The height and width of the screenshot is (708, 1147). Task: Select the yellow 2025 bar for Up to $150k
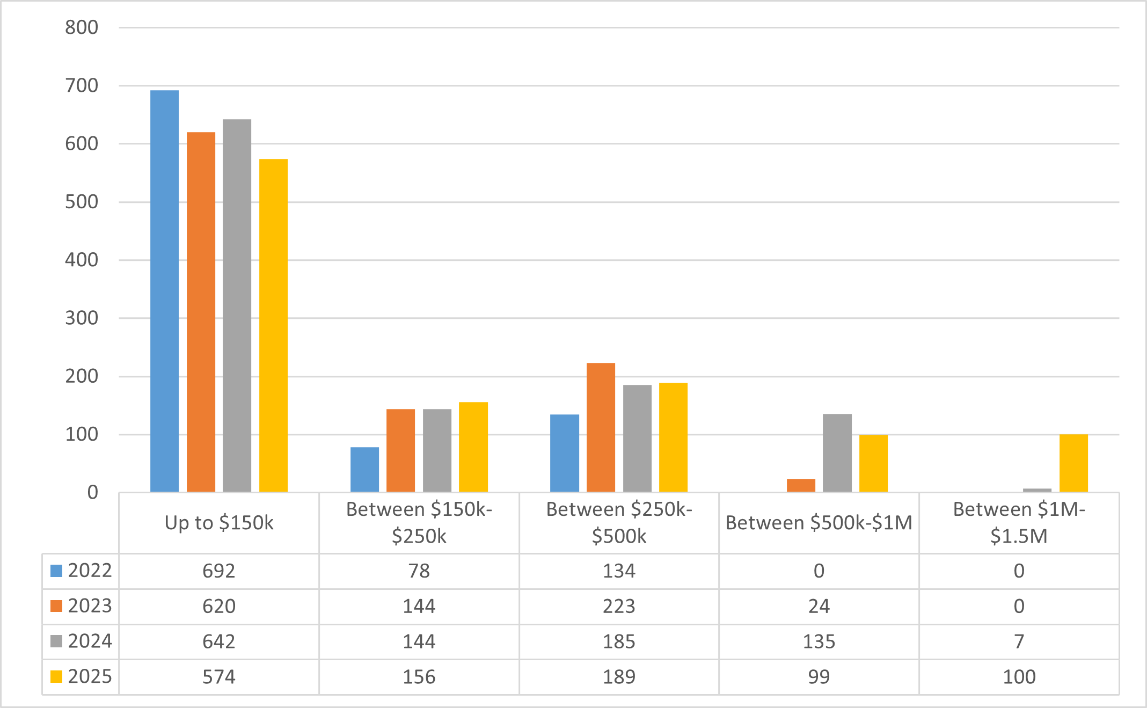pyautogui.click(x=273, y=325)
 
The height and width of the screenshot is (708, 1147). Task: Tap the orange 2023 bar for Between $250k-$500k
pyautogui.click(x=601, y=427)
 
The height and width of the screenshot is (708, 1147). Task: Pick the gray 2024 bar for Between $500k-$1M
pyautogui.click(x=837, y=453)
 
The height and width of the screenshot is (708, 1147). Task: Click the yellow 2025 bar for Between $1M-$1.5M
pyautogui.click(x=1073, y=463)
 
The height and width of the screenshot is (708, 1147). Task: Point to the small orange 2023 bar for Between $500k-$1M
pyautogui.click(x=801, y=485)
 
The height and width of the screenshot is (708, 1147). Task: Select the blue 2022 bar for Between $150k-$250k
pyautogui.click(x=364, y=469)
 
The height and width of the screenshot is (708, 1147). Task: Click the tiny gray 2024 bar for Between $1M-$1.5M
pyautogui.click(x=1037, y=490)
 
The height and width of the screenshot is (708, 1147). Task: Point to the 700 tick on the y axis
pyautogui.click(x=82, y=85)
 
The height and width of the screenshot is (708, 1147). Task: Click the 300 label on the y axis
pyautogui.click(x=82, y=318)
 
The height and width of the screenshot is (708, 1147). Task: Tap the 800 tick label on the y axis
pyautogui.click(x=82, y=27)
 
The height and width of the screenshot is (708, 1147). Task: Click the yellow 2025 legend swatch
pyautogui.click(x=56, y=676)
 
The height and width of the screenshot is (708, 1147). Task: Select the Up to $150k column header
pyautogui.click(x=219, y=523)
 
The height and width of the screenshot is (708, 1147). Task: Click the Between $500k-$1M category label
pyautogui.click(x=819, y=523)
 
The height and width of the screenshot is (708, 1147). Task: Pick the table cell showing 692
pyautogui.click(x=219, y=571)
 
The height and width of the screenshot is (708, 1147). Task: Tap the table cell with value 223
pyautogui.click(x=619, y=606)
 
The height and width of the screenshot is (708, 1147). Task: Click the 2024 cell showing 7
pyautogui.click(x=1019, y=641)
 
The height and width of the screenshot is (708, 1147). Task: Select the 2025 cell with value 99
pyautogui.click(x=819, y=677)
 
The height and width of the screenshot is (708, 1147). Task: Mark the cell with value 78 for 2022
pyautogui.click(x=419, y=571)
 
